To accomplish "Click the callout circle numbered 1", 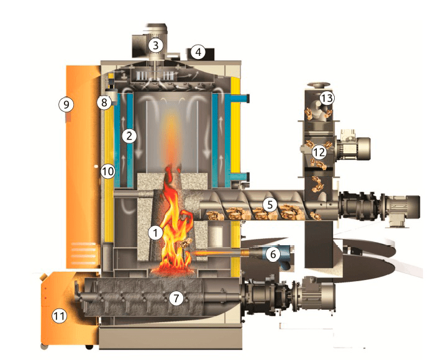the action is [155, 233].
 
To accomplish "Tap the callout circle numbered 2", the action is [129, 137].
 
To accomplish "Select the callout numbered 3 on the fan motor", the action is [156, 45].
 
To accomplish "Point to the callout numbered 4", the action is [198, 52].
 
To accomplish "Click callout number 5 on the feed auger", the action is [270, 205].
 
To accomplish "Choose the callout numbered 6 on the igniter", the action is [273, 254].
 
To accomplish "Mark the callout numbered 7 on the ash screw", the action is [176, 298].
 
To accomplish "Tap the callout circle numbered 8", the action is [104, 102].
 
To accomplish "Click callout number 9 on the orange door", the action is [66, 104].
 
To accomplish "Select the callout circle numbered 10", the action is [108, 171].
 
